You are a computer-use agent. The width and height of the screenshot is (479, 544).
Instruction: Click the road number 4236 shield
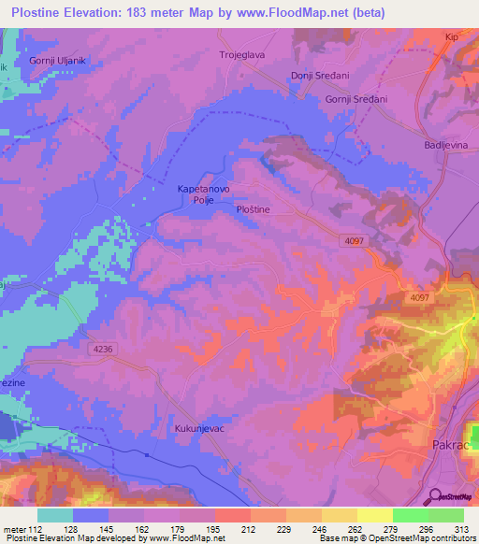tap(104, 349)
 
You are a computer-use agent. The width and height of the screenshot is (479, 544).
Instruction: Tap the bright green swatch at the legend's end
tap(446, 515)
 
